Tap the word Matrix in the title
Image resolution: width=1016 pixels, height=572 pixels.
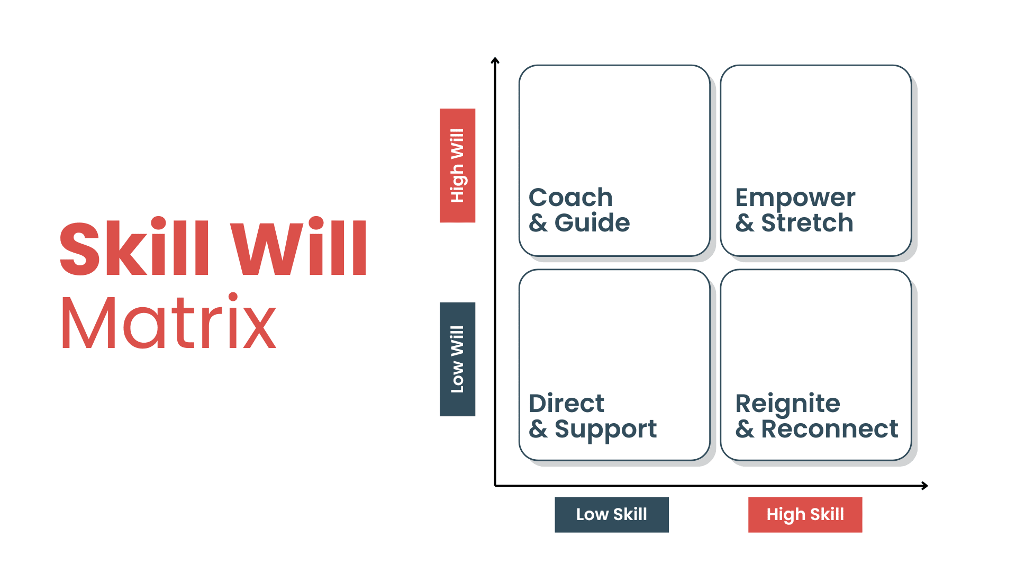click(169, 322)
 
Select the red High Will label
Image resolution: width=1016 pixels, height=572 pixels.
click(457, 165)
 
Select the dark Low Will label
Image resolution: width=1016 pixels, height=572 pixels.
click(457, 359)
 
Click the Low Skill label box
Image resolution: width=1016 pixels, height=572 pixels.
click(611, 514)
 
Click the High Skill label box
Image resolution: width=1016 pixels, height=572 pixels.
click(805, 514)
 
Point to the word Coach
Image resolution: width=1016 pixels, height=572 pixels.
click(570, 198)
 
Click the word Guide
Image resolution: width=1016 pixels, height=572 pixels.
click(592, 223)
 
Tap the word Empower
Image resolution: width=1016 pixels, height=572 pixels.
click(795, 198)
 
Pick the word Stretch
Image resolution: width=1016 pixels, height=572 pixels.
click(807, 223)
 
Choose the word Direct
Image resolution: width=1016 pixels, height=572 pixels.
click(566, 404)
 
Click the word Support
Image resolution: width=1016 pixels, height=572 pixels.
click(605, 430)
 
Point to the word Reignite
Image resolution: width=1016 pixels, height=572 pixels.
click(787, 404)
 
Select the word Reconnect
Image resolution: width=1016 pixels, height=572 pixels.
click(829, 429)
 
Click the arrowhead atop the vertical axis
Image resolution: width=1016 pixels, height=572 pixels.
click(495, 60)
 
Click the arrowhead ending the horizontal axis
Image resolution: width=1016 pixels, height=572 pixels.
click(925, 486)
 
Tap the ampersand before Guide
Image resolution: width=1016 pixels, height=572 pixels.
click(538, 223)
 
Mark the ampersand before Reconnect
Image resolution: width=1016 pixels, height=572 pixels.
click(745, 429)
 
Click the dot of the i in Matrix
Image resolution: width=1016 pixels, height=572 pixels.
click(233, 297)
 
